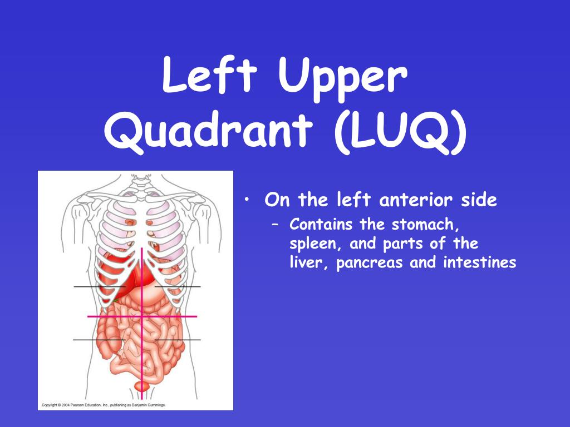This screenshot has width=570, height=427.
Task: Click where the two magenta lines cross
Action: click(x=142, y=316)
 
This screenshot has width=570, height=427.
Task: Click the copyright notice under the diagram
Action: click(x=102, y=405)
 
